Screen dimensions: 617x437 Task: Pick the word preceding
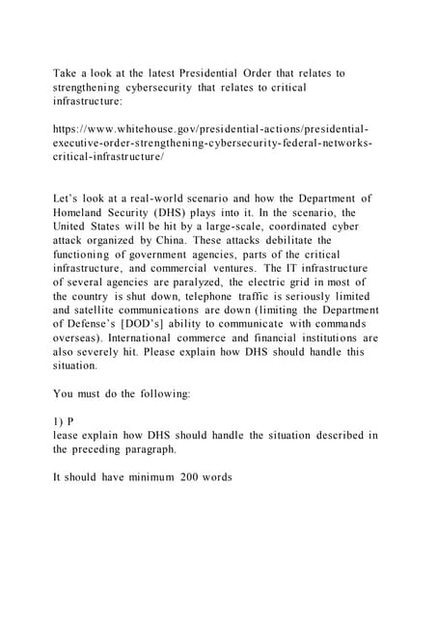point(107,449)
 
